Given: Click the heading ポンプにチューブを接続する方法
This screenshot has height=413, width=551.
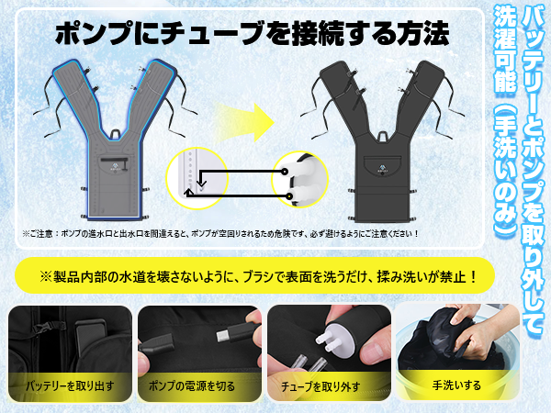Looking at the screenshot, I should [252, 34].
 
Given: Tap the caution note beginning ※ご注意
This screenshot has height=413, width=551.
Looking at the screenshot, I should [219, 234].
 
